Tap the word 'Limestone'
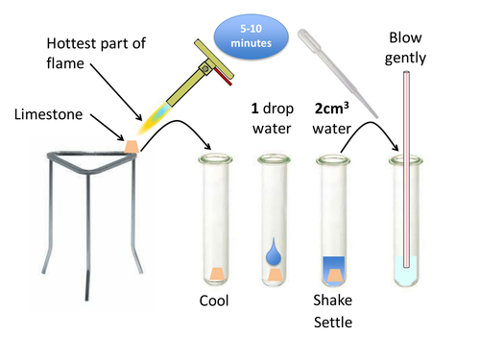tap(50, 115)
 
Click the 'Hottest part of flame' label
tap(95, 54)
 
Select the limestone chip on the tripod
tap(132, 145)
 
